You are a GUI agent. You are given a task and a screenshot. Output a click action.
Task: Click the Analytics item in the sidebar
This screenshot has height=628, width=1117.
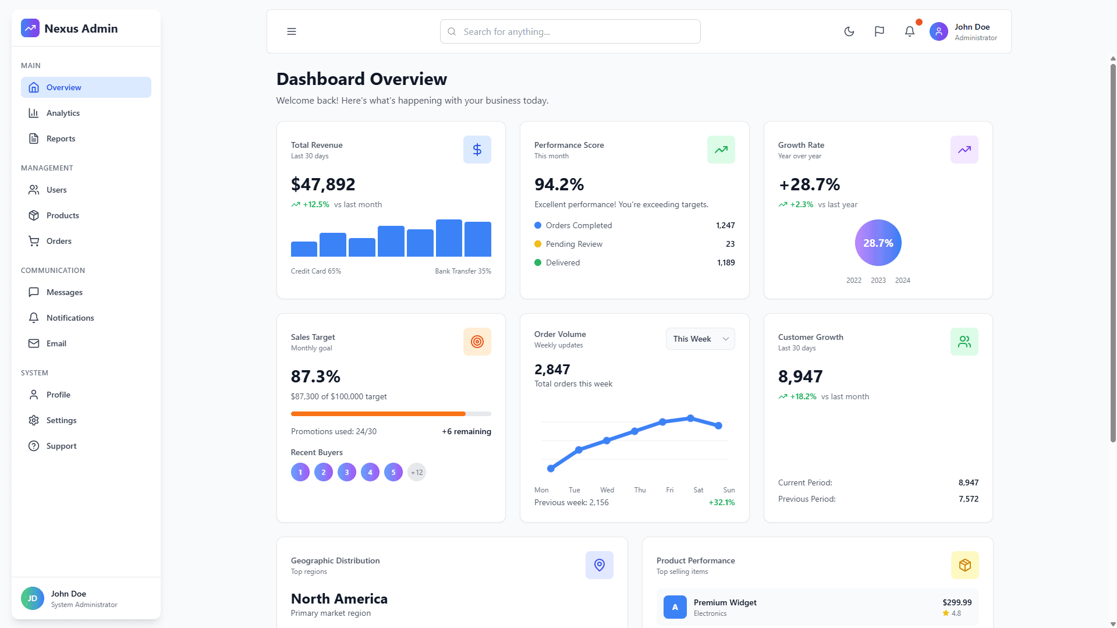click(x=63, y=113)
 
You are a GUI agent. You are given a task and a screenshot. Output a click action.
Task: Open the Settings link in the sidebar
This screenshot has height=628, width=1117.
click(x=61, y=420)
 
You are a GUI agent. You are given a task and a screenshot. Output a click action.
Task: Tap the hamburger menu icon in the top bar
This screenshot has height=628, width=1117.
click(x=292, y=31)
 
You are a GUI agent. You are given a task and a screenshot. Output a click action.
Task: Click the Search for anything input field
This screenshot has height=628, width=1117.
click(x=570, y=31)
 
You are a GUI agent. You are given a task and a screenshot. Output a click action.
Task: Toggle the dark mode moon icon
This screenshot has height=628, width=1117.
click(x=849, y=31)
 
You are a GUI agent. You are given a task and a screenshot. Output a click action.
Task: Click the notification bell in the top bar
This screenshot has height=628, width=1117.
click(x=910, y=31)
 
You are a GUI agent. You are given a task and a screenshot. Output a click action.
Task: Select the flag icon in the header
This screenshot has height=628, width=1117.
click(x=880, y=31)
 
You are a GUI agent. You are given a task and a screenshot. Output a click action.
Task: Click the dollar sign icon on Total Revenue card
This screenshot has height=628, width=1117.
click(x=477, y=150)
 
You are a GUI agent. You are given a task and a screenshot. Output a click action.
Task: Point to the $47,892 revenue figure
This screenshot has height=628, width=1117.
click(x=323, y=185)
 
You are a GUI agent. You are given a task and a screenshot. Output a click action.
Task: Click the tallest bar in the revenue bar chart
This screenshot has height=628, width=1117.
click(x=449, y=238)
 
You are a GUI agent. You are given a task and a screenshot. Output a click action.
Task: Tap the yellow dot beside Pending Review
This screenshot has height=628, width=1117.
click(x=538, y=244)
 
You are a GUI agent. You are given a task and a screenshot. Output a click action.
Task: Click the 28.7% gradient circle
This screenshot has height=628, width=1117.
click(x=878, y=243)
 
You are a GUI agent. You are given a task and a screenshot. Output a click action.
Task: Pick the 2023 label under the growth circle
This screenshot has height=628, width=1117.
click(x=878, y=281)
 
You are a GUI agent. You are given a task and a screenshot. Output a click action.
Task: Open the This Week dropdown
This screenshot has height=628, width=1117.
click(x=700, y=339)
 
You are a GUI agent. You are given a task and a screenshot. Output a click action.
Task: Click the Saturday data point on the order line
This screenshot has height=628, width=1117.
click(x=690, y=418)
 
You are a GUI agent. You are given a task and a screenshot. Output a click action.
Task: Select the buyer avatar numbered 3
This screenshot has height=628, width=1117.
click(x=347, y=472)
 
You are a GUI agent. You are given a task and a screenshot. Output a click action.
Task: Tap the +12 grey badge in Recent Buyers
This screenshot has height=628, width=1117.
click(x=417, y=472)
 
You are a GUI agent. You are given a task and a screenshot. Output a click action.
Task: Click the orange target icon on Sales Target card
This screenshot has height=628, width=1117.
click(x=477, y=342)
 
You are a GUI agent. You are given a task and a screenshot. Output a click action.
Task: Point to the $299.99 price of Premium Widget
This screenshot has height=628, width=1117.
click(x=957, y=602)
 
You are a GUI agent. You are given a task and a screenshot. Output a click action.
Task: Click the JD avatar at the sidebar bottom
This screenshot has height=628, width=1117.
click(x=33, y=598)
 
